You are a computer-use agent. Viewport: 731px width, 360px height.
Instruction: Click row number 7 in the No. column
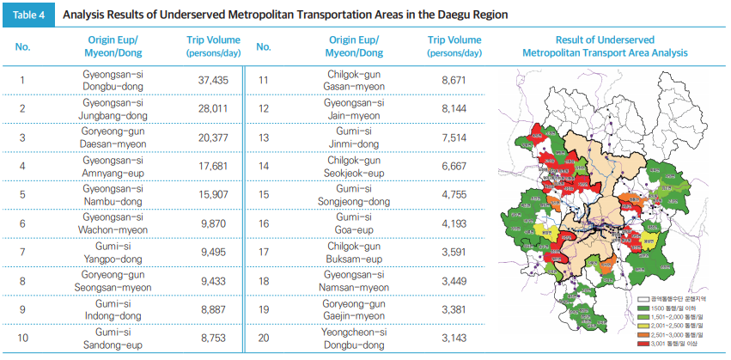23,251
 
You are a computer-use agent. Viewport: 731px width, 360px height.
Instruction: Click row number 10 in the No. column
23,337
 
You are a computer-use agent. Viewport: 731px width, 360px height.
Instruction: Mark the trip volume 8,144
453,108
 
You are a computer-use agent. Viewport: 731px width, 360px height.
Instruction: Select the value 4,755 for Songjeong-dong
453,194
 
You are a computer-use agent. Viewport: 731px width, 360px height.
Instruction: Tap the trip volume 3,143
453,337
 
